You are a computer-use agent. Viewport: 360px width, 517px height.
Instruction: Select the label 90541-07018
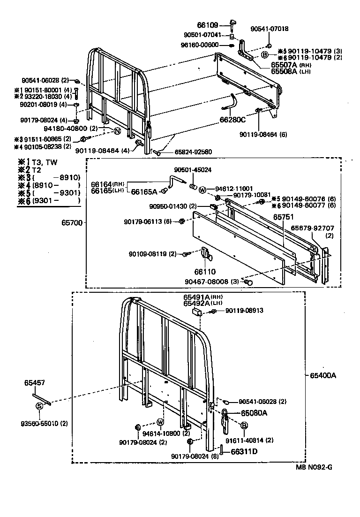pyautogui.click(x=269, y=29)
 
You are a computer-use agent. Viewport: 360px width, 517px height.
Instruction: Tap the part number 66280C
pyautogui.click(x=232, y=120)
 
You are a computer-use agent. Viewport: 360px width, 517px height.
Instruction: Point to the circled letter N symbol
pyautogui.click(x=118, y=131)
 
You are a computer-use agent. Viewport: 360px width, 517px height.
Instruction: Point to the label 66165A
pyautogui.click(x=144, y=191)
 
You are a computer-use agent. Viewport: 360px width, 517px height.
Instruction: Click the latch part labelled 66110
pyautogui.click(x=206, y=254)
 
